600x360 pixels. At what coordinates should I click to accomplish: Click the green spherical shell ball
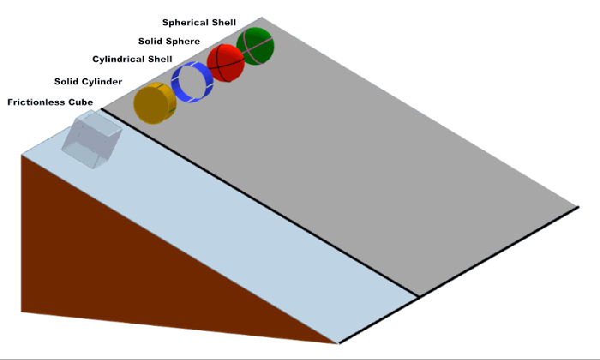(x=256, y=45)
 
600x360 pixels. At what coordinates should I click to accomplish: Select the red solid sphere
(x=225, y=63)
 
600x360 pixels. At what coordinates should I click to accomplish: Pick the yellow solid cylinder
(x=154, y=104)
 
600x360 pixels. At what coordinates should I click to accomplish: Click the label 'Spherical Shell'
(x=199, y=21)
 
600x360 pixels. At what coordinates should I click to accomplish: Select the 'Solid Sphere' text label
(x=169, y=40)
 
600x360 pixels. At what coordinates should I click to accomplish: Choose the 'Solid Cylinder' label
(x=87, y=81)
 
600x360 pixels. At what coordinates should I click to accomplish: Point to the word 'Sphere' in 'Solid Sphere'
(x=185, y=40)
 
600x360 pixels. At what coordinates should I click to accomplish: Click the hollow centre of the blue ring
(x=190, y=81)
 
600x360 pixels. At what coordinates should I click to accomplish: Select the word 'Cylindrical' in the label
(x=121, y=59)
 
